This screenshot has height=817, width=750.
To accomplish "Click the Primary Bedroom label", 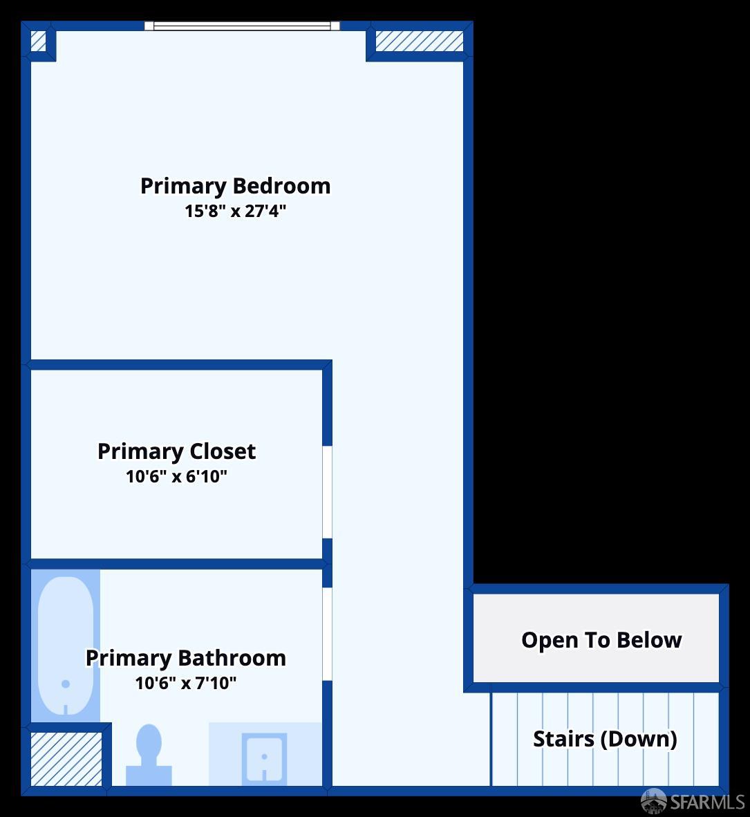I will tap(235, 186).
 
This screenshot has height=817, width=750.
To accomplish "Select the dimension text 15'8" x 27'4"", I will tap(235, 211).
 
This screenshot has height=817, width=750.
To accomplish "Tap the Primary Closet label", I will tap(176, 451).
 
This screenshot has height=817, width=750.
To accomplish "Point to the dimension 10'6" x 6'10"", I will tap(176, 476).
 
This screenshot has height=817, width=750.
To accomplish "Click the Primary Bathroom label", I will tap(185, 658).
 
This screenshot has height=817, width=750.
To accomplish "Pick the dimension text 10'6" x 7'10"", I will tap(185, 684).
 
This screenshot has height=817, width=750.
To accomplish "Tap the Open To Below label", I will tap(601, 640).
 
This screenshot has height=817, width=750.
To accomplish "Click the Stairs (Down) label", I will tap(605, 739).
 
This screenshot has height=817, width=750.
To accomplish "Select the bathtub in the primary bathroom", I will tap(66, 645).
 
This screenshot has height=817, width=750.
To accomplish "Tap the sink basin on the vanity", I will tap(264, 758).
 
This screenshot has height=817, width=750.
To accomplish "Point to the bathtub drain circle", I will tap(66, 684).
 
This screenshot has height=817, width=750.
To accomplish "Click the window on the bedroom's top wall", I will tap(242, 26).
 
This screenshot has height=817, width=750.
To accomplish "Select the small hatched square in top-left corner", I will tap(39, 41).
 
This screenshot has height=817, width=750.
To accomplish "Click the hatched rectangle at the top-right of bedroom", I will tap(419, 41).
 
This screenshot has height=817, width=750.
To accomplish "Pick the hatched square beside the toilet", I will tap(66, 758).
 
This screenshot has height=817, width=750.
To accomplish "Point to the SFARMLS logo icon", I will tap(654, 800).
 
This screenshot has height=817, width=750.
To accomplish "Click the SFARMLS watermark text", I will tap(707, 802).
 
